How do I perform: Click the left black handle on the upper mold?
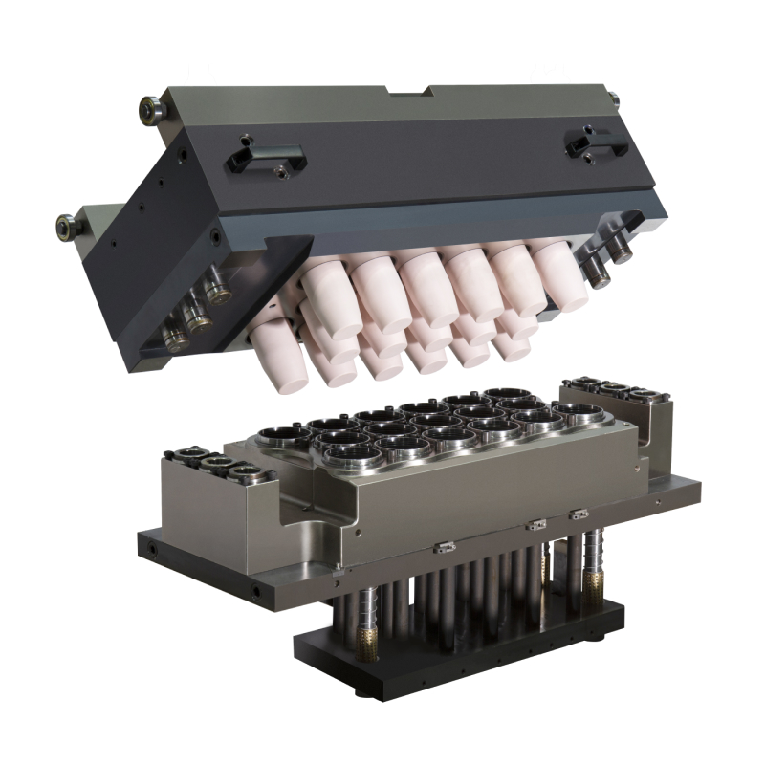pyautogui.click(x=267, y=157)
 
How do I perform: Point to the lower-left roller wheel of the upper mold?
pyautogui.click(x=66, y=227)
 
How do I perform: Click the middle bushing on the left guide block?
pyautogui.click(x=217, y=465)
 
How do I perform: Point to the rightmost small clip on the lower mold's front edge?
pyautogui.click(x=578, y=514)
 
